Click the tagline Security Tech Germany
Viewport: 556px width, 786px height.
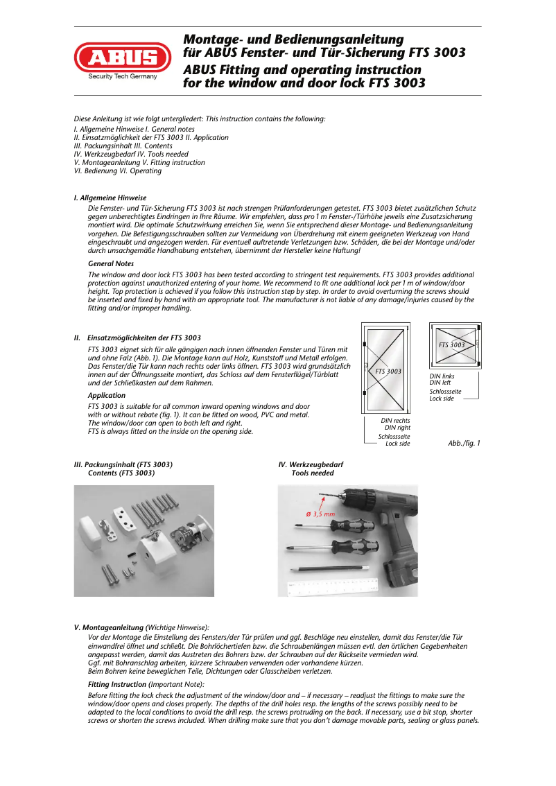click(123, 77)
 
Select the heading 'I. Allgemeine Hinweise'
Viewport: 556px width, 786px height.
click(110, 198)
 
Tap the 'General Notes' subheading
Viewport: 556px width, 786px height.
click(111, 263)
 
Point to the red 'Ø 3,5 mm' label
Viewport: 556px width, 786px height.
click(320, 514)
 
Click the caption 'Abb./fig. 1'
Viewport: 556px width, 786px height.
click(464, 443)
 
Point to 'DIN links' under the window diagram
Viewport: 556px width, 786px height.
click(442, 376)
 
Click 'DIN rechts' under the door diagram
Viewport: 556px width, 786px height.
click(395, 421)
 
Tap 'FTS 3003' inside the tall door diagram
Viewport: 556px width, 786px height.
click(388, 372)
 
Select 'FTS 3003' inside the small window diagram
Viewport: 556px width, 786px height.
click(452, 344)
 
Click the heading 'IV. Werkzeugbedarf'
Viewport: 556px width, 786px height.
click(311, 464)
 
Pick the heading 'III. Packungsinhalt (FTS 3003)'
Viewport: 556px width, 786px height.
click(123, 464)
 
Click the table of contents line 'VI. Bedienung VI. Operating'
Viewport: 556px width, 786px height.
click(118, 171)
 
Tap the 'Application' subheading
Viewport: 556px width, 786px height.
click(107, 395)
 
